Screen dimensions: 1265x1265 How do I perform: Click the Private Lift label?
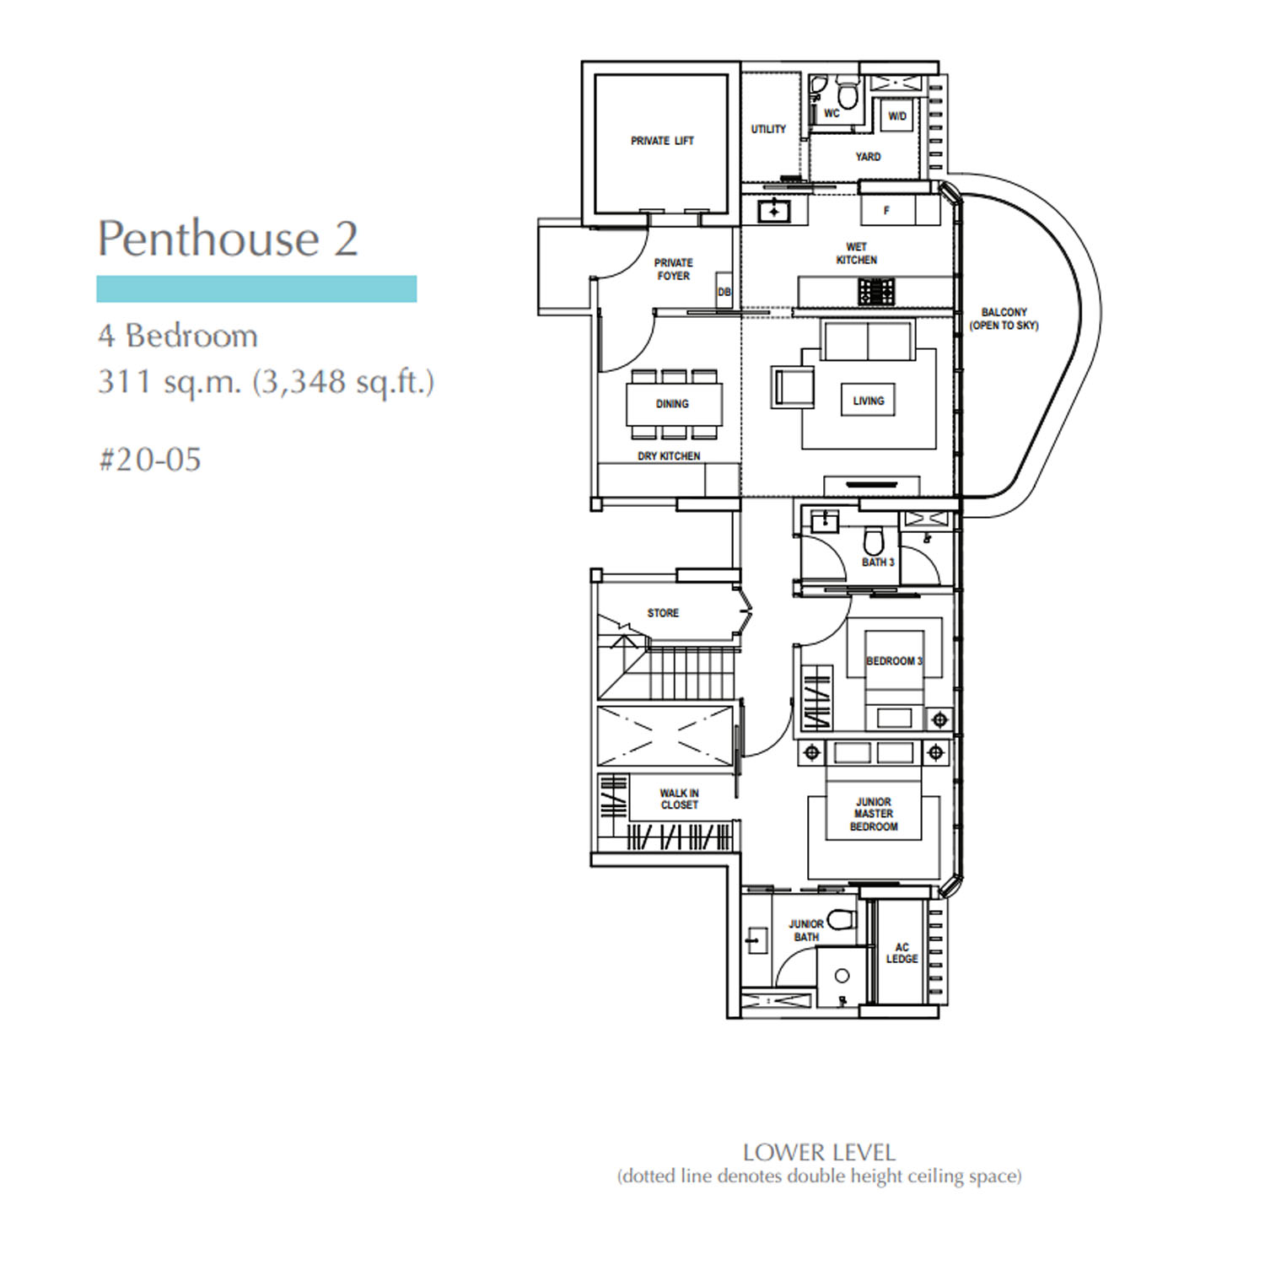pyautogui.click(x=662, y=141)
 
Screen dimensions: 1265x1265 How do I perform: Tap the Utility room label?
pyautogui.click(x=768, y=129)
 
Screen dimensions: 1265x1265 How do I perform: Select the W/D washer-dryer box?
pyautogui.click(x=897, y=116)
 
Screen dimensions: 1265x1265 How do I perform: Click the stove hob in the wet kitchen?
pyautogui.click(x=876, y=292)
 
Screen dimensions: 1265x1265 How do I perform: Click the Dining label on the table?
pyautogui.click(x=672, y=404)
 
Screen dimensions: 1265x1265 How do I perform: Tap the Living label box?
pyautogui.click(x=868, y=401)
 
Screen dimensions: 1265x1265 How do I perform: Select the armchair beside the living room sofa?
pyautogui.click(x=793, y=387)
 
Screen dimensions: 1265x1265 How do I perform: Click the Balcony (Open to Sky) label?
pyautogui.click(x=1004, y=319)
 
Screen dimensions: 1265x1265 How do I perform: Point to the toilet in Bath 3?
pyautogui.click(x=874, y=542)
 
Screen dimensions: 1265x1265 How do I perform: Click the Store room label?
pyautogui.click(x=663, y=613)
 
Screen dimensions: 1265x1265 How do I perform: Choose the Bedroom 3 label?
pyautogui.click(x=895, y=661)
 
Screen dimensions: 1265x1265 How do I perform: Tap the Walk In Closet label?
pyautogui.click(x=680, y=799)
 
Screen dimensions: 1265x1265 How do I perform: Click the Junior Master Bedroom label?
pyautogui.click(x=874, y=814)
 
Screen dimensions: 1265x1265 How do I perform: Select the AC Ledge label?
pyautogui.click(x=902, y=953)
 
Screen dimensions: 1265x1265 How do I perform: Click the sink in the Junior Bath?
pyautogui.click(x=756, y=939)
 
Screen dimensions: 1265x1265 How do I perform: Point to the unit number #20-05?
pyautogui.click(x=150, y=460)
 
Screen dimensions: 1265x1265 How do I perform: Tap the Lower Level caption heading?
pyautogui.click(x=819, y=1153)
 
